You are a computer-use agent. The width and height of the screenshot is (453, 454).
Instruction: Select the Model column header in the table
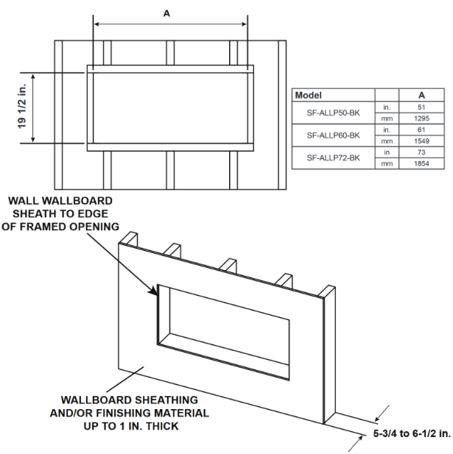(x=310, y=96)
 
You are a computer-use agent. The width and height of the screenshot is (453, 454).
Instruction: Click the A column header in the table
(x=421, y=96)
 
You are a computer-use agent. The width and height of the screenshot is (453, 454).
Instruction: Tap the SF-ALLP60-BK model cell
(x=334, y=135)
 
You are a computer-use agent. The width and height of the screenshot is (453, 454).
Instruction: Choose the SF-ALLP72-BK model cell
(x=334, y=157)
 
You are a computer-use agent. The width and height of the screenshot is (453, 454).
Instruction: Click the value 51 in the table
(x=421, y=107)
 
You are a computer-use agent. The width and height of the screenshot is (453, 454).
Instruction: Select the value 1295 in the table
(x=421, y=118)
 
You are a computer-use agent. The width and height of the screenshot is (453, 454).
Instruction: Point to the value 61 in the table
(x=421, y=130)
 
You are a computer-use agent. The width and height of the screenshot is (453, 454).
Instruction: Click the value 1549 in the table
(x=421, y=141)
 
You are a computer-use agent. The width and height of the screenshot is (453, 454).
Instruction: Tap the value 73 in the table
(x=421, y=152)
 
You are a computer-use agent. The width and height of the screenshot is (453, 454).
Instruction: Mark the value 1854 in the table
(x=421, y=164)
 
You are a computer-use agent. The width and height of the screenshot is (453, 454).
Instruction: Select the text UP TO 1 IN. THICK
(x=125, y=426)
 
